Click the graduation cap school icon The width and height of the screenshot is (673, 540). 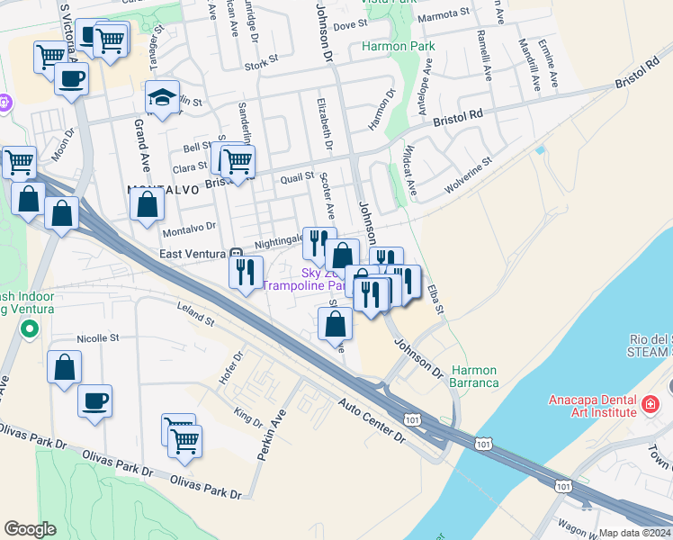click(162, 98)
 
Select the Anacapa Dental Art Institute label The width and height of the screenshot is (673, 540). click(595, 406)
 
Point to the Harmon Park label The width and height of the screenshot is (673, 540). click(398, 46)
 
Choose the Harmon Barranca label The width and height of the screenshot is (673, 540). click(474, 376)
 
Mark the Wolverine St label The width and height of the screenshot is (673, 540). click(468, 177)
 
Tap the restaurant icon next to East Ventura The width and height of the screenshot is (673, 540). click(246, 272)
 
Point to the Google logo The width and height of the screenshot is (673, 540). click(30, 529)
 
